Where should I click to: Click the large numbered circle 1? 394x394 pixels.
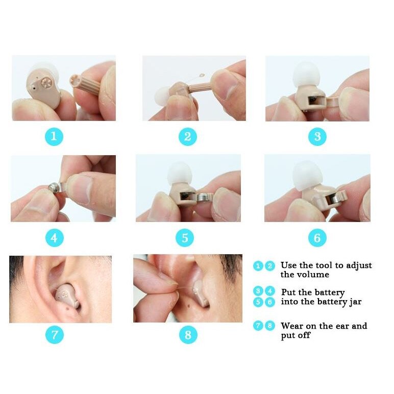point(54,137)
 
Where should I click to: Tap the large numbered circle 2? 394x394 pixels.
point(187,137)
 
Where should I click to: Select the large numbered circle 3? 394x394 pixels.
point(317,137)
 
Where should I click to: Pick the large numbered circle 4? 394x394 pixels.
point(54,238)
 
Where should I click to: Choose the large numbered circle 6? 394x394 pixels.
point(317,238)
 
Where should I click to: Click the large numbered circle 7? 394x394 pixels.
point(55,335)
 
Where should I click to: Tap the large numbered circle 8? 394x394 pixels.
point(188,335)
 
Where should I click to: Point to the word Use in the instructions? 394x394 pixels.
point(289,265)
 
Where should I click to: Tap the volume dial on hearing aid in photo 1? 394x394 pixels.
point(46,81)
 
